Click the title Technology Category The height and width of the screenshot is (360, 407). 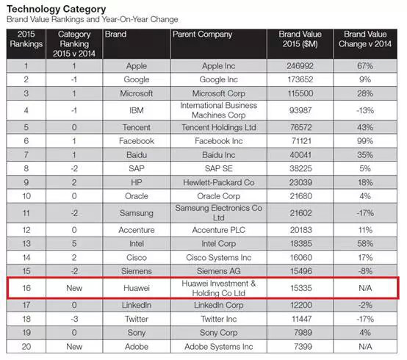(57, 9)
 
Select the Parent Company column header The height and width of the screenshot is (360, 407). (203, 35)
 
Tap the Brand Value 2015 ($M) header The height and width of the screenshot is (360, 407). (300, 39)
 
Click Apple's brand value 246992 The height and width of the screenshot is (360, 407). (300, 66)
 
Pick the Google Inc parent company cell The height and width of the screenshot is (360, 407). (218, 79)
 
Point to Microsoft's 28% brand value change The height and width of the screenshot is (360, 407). (365, 93)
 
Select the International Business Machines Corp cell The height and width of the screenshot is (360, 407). (218, 110)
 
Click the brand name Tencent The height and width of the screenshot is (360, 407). (137, 127)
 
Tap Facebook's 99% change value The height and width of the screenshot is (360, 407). (365, 141)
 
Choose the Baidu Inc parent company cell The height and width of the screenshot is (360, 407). (218, 155)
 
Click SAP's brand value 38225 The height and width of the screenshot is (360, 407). (300, 168)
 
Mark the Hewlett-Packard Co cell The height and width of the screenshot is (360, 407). (218, 182)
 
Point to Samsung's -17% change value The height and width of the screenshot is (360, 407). (365, 213)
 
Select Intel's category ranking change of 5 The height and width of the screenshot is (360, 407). (74, 243)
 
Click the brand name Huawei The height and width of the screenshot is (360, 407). (137, 288)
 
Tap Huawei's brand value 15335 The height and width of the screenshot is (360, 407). (300, 288)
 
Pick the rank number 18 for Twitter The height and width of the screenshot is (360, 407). (26, 319)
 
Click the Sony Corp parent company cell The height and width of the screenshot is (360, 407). (218, 333)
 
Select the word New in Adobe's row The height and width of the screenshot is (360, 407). (74, 347)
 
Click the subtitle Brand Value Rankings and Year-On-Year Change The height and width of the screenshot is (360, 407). (93, 19)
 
